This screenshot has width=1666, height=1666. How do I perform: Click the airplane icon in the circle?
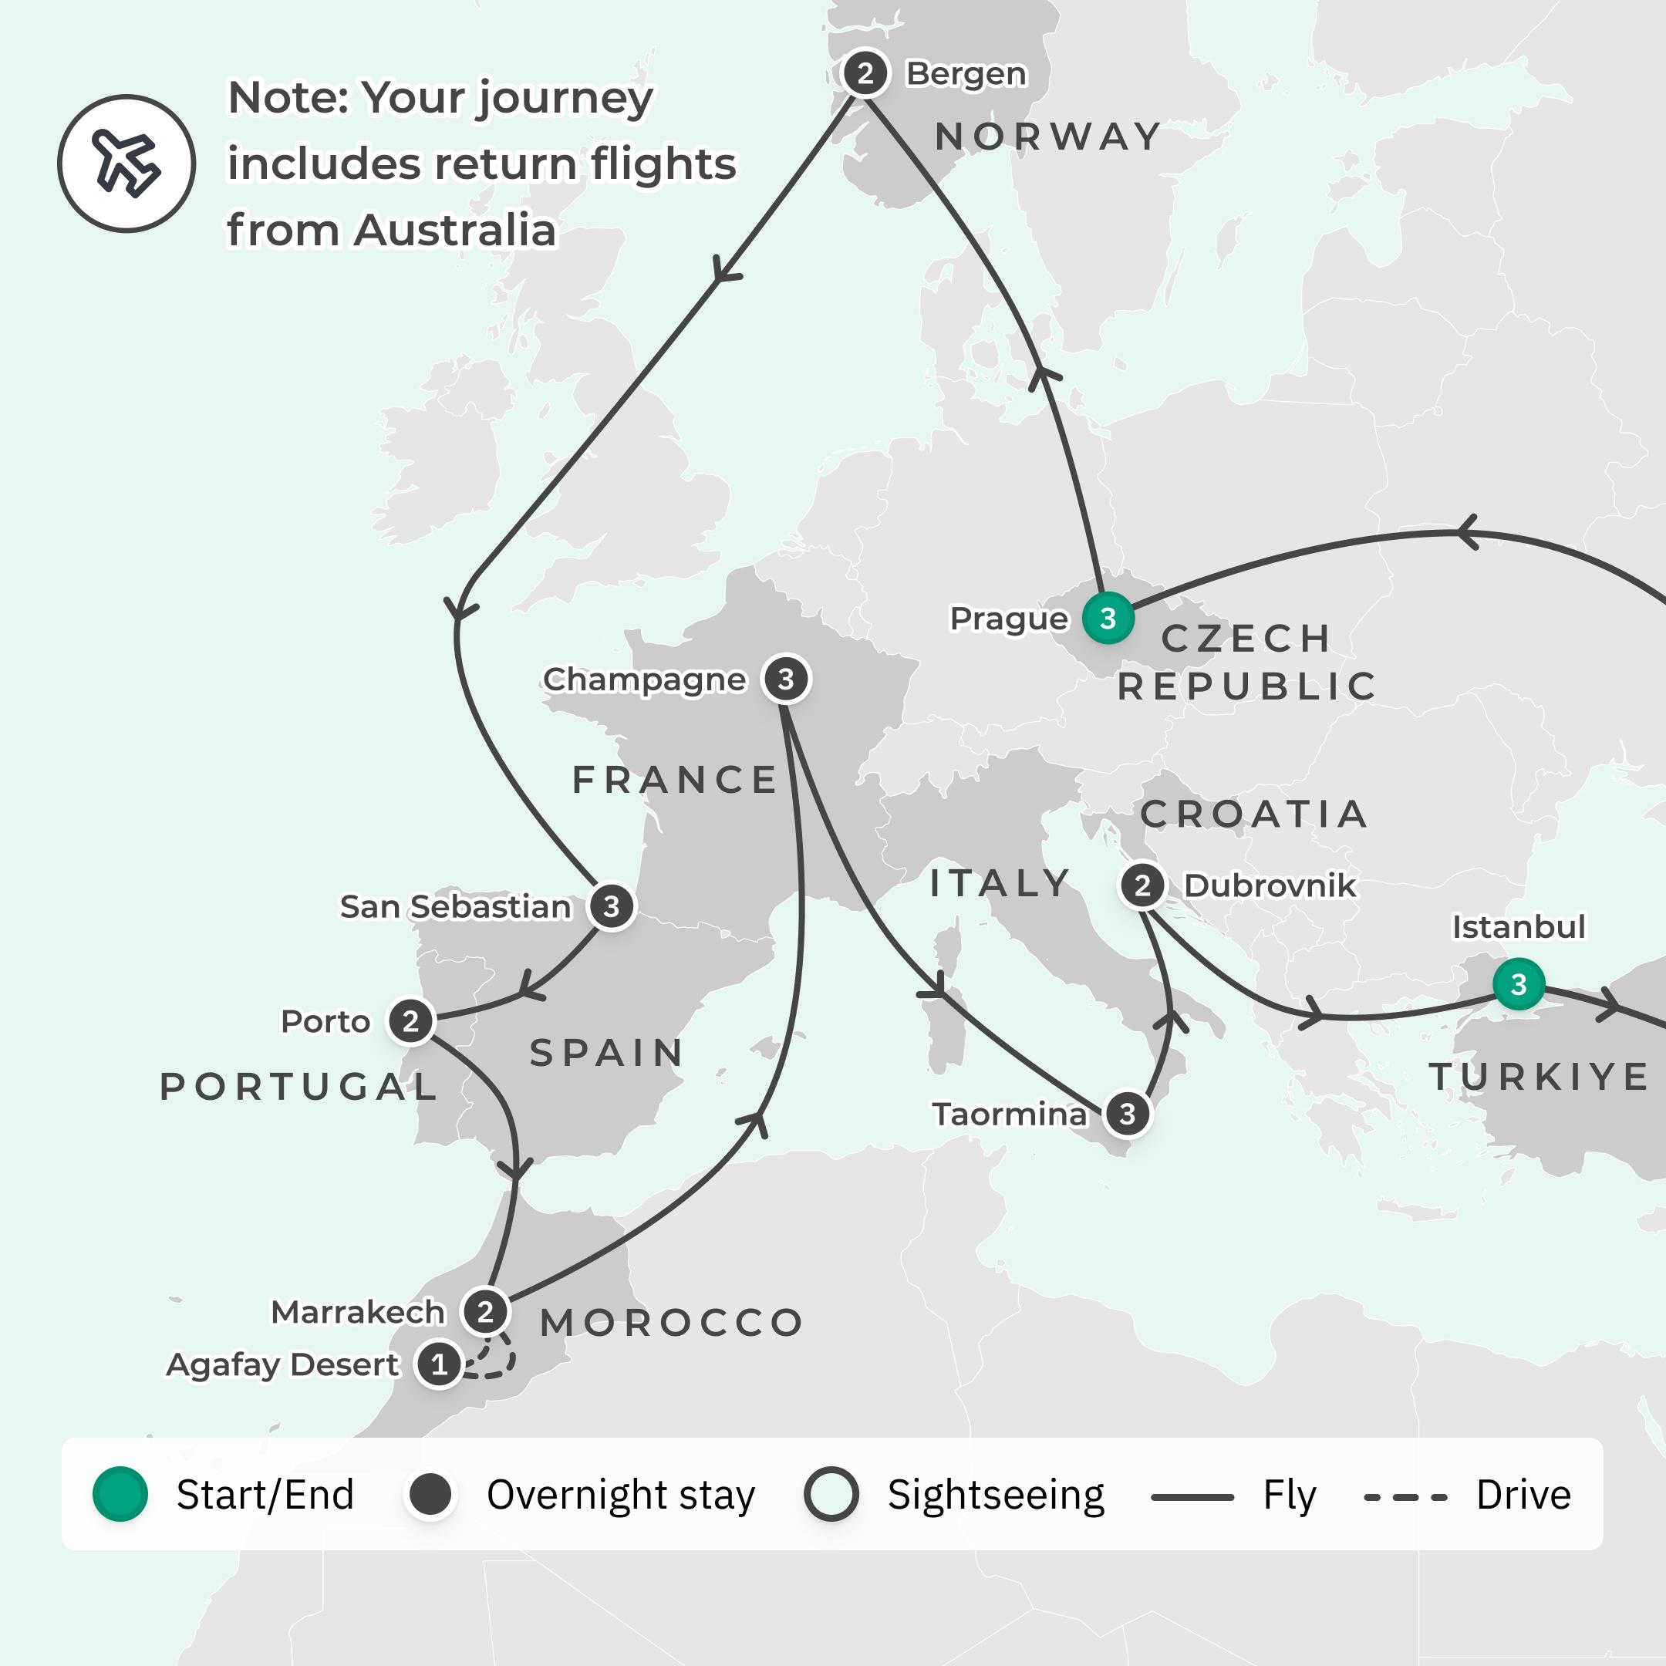click(126, 163)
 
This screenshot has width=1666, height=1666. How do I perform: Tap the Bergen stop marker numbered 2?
click(865, 73)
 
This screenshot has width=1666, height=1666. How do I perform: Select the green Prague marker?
click(1108, 619)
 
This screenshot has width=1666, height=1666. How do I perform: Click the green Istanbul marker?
click(1519, 984)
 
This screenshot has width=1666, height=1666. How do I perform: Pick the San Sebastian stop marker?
click(612, 906)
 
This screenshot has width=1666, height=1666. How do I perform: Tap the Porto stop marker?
click(410, 1021)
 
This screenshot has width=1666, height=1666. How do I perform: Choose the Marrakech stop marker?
click(485, 1311)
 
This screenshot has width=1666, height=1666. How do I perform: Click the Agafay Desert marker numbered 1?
click(439, 1364)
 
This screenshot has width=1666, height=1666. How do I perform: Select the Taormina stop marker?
click(1127, 1114)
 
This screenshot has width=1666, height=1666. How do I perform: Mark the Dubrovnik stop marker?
click(1142, 885)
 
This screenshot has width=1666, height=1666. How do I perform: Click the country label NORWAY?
click(1047, 137)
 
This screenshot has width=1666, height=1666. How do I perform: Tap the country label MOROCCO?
click(672, 1323)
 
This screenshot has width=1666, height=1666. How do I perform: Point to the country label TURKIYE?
click(1540, 1077)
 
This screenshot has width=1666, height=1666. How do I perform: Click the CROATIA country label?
click(1254, 814)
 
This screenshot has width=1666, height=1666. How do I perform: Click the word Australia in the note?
click(454, 231)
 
